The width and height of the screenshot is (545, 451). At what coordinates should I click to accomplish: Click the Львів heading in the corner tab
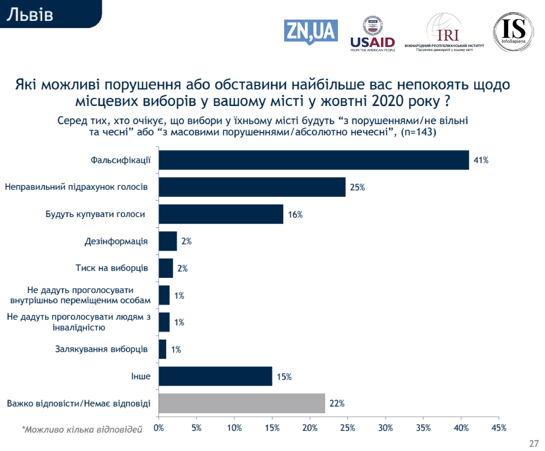point(30,15)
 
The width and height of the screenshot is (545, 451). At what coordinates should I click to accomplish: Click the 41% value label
point(481,160)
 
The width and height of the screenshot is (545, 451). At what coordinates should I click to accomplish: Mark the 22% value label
point(337,403)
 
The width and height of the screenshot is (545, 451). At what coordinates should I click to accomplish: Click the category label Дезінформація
point(116,241)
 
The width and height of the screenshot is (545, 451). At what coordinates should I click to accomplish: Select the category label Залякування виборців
point(101,349)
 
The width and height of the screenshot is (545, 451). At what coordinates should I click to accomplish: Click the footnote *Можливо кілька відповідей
point(82,429)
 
